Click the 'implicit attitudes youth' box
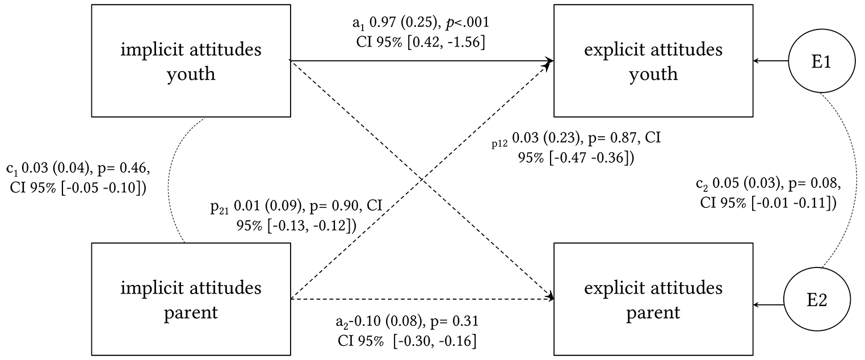click(191, 61)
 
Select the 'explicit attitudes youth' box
click(653, 61)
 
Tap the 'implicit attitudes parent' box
click(191, 299)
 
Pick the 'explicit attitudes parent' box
click(653, 299)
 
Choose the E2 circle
click(817, 299)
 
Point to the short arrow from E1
click(771, 61)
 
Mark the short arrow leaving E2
click(769, 305)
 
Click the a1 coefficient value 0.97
click(383, 22)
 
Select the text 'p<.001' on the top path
click(467, 23)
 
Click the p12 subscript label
click(499, 143)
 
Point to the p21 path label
click(219, 207)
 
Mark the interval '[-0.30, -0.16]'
click(435, 341)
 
